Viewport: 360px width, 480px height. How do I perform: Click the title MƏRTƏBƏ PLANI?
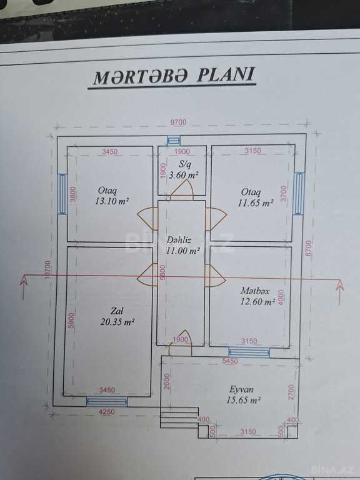(174, 76)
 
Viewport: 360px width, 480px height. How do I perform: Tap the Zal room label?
(117, 311)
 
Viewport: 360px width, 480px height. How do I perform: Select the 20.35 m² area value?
(117, 322)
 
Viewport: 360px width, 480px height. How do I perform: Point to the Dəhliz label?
(179, 240)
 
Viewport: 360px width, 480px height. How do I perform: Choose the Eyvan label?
(241, 389)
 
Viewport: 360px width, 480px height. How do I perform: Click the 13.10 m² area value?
(111, 202)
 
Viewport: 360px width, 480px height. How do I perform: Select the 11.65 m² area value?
(256, 203)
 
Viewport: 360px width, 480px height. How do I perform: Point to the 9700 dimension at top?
(178, 122)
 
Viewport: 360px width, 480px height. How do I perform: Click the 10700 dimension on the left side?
(47, 269)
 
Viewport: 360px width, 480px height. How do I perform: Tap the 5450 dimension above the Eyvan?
(230, 361)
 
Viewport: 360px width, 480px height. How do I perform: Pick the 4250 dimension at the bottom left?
(107, 412)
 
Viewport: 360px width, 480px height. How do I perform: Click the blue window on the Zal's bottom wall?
(107, 401)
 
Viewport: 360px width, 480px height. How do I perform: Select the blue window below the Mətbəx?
(249, 352)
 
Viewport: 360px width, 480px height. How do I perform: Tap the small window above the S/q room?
(174, 141)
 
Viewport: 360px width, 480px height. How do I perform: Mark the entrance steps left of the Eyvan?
(180, 417)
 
